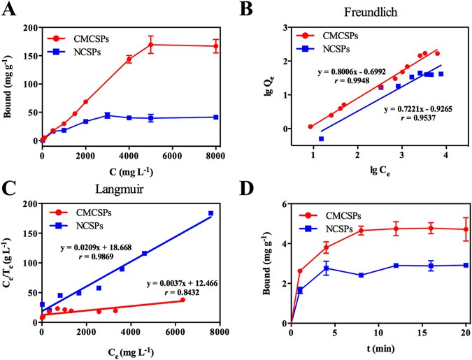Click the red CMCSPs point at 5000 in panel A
click(x=151, y=45)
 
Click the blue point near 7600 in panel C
click(x=210, y=213)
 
